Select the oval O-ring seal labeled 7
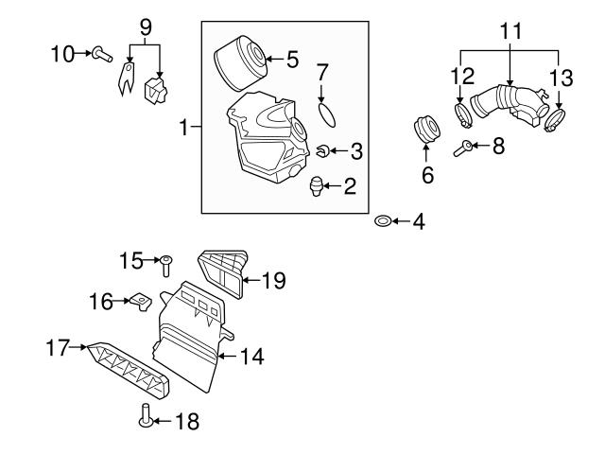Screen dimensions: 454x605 (326, 113)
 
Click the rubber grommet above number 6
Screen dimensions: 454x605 (424, 129)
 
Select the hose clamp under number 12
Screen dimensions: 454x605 (463, 118)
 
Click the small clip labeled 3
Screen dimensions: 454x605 (322, 149)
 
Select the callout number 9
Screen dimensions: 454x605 (145, 28)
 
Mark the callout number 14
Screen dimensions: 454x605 (251, 357)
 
